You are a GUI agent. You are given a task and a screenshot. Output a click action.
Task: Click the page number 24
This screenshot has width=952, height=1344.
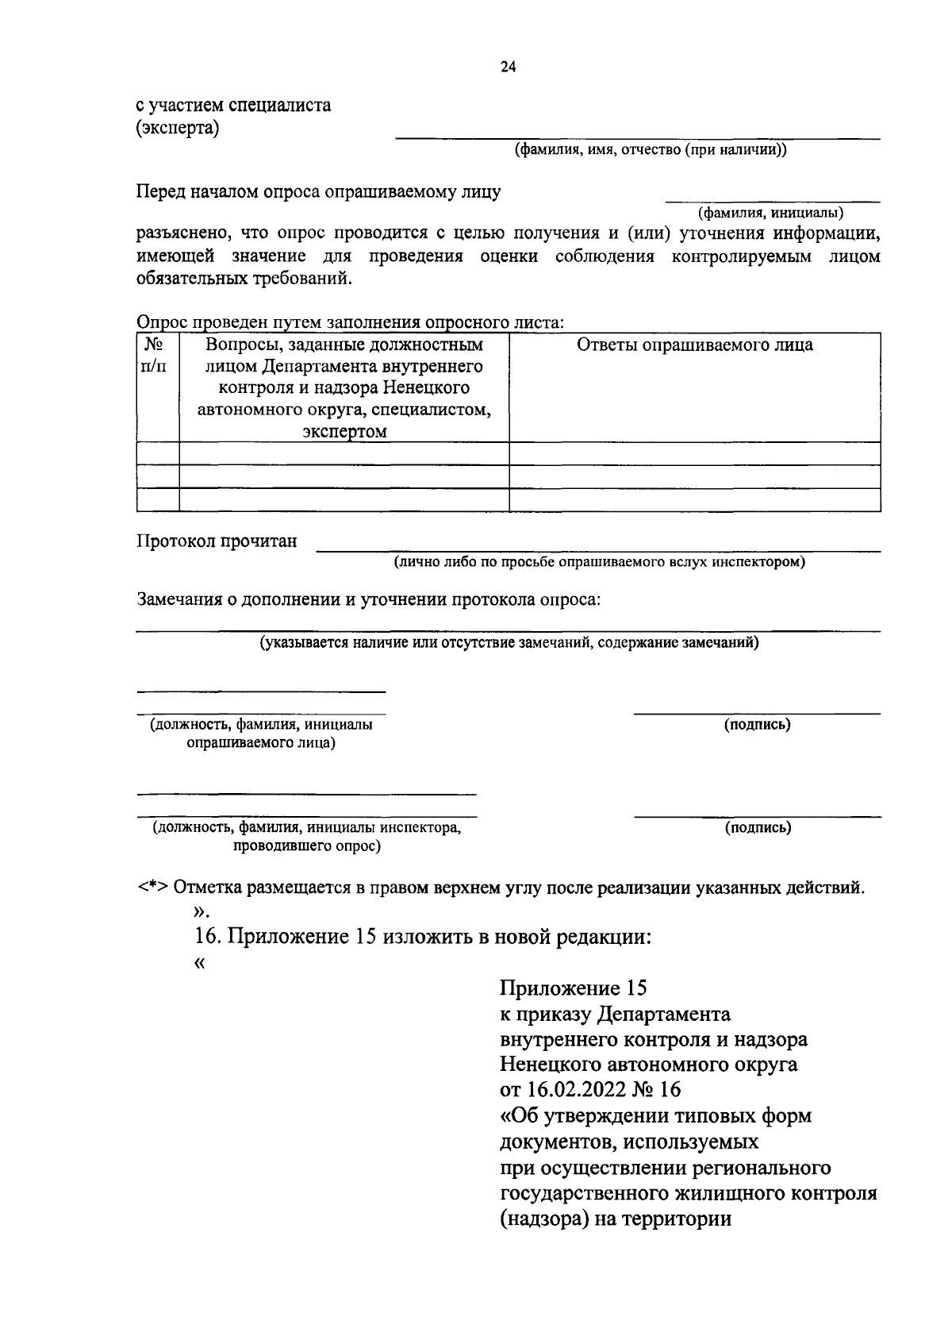508,67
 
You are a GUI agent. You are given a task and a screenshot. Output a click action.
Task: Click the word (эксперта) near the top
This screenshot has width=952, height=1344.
177,127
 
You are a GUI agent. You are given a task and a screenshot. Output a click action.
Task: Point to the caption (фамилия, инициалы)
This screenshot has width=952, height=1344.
770,213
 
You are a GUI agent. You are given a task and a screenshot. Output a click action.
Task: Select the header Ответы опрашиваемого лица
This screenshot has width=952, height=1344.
694,345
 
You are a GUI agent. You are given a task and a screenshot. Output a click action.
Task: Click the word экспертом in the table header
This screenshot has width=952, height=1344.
344,432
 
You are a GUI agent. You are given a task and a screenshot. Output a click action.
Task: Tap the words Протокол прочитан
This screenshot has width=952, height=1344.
217,541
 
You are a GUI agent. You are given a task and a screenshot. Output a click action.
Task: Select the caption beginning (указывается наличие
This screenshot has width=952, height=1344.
509,643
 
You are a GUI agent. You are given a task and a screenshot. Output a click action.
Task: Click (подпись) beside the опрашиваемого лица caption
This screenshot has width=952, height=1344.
757,725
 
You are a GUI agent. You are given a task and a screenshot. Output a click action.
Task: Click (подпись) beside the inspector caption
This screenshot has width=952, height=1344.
757,828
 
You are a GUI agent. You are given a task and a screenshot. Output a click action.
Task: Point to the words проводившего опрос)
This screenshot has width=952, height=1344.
306,846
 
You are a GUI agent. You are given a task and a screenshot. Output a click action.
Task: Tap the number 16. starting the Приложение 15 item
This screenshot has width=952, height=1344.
209,937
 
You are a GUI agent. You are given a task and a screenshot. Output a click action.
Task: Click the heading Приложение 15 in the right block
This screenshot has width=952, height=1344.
573,988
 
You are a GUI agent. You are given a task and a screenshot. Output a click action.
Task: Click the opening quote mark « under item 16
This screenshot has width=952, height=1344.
198,963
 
